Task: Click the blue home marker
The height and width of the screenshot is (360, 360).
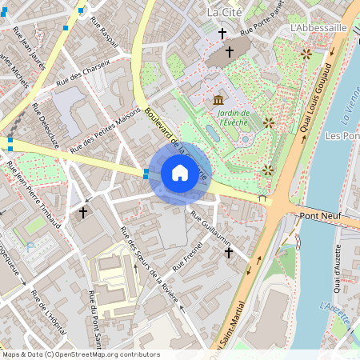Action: click(180, 173)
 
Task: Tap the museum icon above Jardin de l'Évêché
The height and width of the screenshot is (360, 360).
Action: click(219, 100)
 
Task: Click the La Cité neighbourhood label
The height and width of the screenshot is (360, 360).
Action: click(223, 13)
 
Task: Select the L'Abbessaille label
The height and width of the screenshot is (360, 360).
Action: click(318, 26)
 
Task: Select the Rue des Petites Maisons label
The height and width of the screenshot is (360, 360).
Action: click(106, 130)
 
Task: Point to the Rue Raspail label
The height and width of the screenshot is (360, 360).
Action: click(110, 36)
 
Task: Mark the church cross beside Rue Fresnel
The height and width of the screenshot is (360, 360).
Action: click(228, 253)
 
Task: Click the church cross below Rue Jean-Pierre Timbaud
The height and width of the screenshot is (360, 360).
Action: click(82, 213)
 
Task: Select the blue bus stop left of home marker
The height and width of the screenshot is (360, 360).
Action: click(146, 173)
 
